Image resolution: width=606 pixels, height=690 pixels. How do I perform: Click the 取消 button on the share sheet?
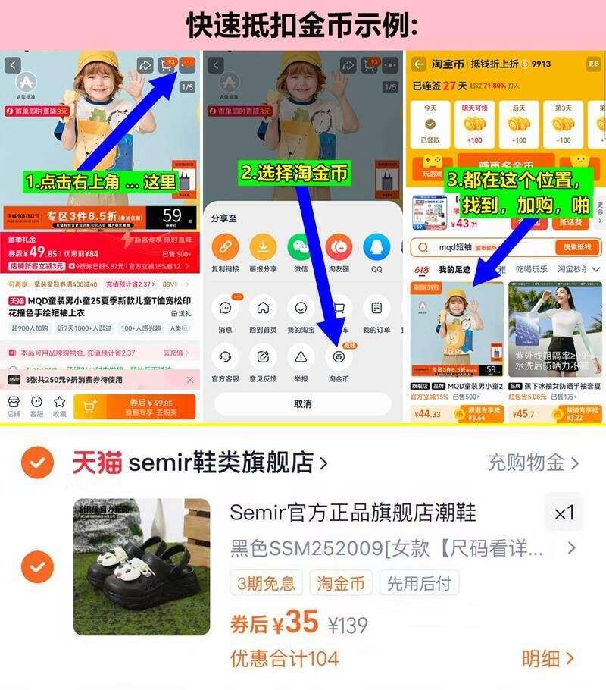[302, 403]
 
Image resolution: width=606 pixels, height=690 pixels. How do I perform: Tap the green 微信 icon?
[301, 248]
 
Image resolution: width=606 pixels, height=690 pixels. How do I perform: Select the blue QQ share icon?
[376, 248]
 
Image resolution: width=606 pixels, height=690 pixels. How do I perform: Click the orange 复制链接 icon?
[225, 248]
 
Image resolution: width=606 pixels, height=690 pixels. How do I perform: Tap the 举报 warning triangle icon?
[301, 356]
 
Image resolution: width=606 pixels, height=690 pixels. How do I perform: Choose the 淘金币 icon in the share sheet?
[339, 356]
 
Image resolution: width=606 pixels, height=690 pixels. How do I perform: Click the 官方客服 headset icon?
[225, 356]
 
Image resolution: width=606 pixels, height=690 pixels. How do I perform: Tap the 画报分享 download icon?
[263, 248]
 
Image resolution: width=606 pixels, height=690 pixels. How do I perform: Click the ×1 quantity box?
[564, 513]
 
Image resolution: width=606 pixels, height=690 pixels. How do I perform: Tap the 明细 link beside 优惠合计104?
[548, 658]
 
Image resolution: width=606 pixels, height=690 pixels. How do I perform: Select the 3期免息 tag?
[266, 583]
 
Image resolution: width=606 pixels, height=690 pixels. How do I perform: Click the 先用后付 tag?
[419, 583]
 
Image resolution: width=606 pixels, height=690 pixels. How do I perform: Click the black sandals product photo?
[142, 566]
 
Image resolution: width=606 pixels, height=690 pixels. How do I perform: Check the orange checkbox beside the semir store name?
[37, 463]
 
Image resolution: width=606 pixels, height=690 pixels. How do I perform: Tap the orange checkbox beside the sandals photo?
[37, 566]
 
